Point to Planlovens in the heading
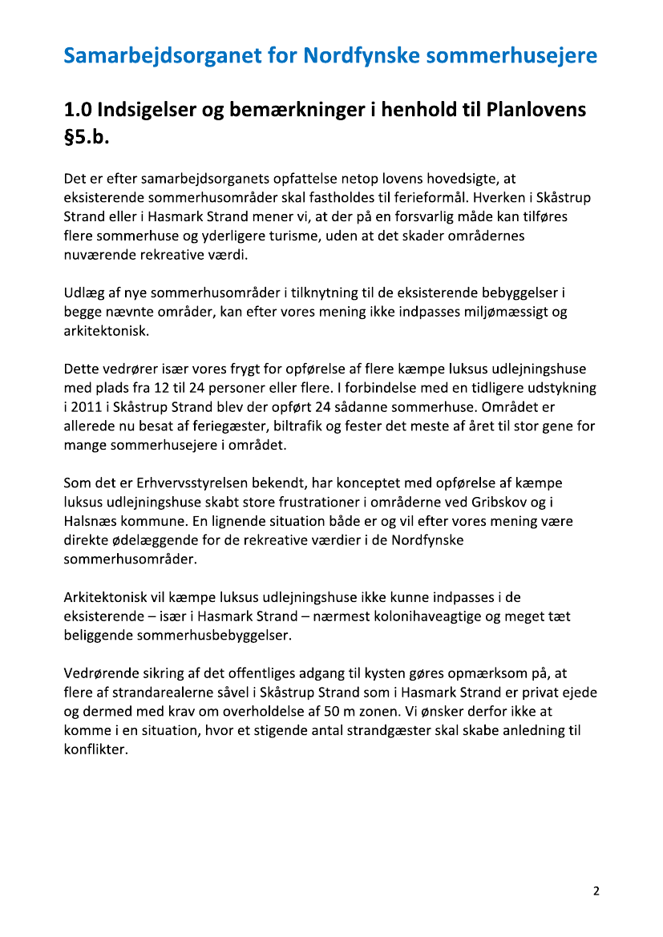536,110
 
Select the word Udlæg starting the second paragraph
83,293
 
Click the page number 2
596,891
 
